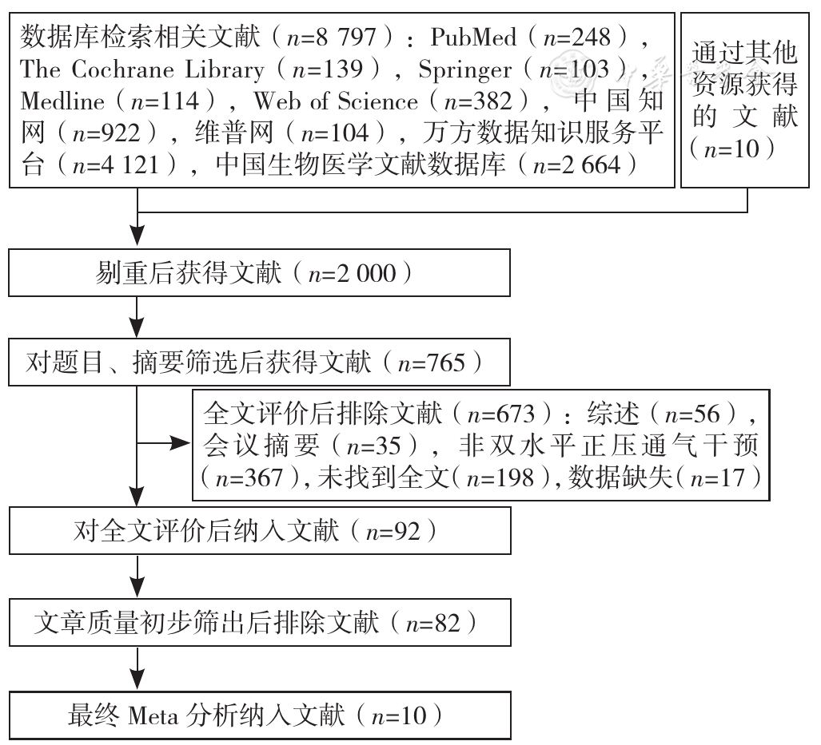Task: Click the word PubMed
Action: click(x=473, y=38)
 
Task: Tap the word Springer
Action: click(x=465, y=70)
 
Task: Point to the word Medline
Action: click(x=63, y=101)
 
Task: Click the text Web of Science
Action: click(x=336, y=101)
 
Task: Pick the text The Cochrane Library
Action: click(x=142, y=70)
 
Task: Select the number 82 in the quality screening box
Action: click(x=447, y=624)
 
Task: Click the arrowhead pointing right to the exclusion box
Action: click(x=181, y=444)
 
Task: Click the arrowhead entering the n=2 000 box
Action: click(x=137, y=236)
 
